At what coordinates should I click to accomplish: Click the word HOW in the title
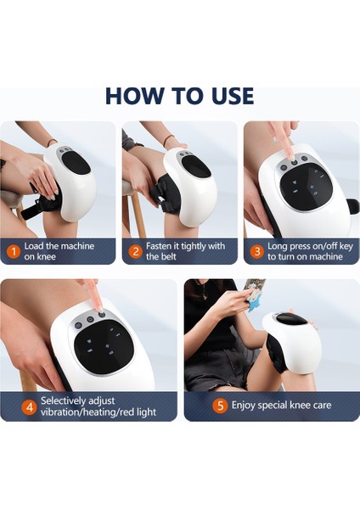pos(134,96)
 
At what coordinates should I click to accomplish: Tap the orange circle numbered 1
pos(14,252)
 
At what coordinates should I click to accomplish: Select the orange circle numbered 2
pos(136,252)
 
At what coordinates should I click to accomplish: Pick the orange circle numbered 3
pos(257,252)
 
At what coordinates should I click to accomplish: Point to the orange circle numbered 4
pos(30,406)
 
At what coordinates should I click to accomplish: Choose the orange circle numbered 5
pos(220,406)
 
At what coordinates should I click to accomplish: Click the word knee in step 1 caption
pos(47,257)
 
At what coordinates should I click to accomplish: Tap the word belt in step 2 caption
pos(167,257)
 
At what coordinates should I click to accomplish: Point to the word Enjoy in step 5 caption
pos(243,406)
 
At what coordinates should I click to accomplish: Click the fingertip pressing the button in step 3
pos(292,155)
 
